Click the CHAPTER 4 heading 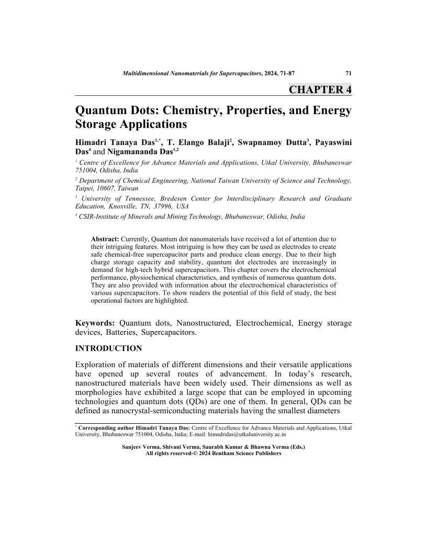(320, 89)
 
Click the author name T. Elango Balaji (199, 141)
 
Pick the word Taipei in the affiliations (86, 187)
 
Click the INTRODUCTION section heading (108, 348)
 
